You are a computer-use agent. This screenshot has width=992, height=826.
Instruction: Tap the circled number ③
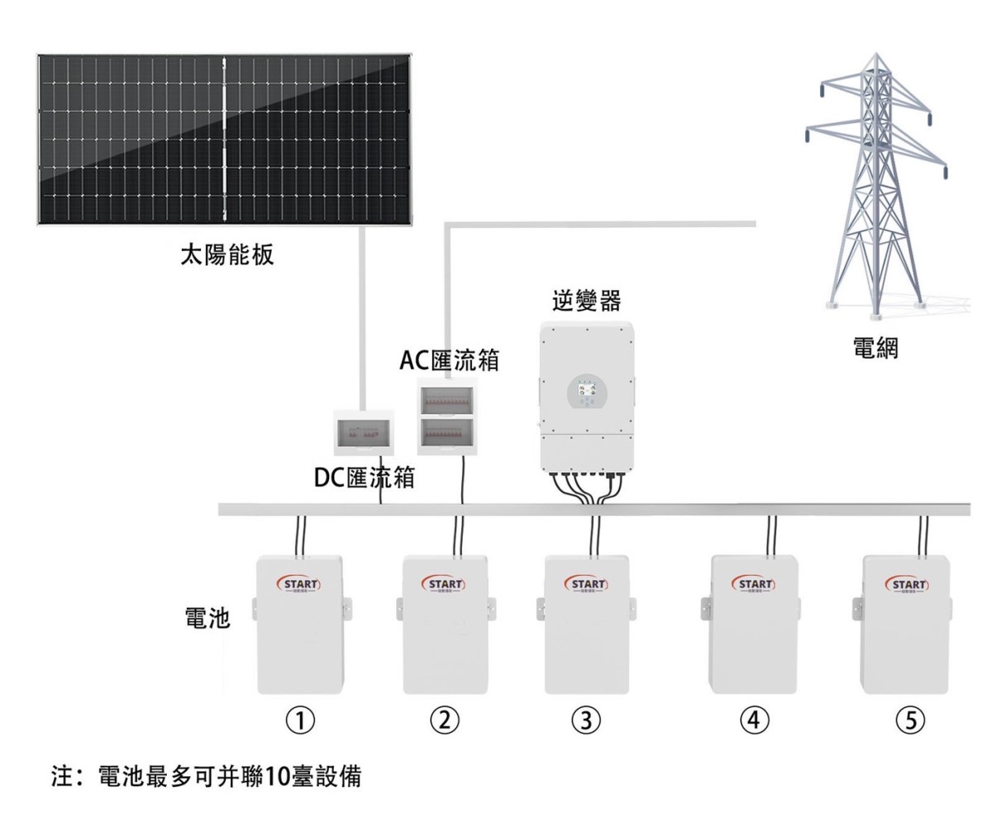pyautogui.click(x=586, y=720)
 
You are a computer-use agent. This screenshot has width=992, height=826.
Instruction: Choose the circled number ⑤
pyautogui.click(x=904, y=720)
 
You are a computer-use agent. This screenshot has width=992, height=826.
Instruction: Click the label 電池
pyautogui.click(x=206, y=619)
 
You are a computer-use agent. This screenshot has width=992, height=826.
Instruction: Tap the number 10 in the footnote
pyautogui.click(x=262, y=777)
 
